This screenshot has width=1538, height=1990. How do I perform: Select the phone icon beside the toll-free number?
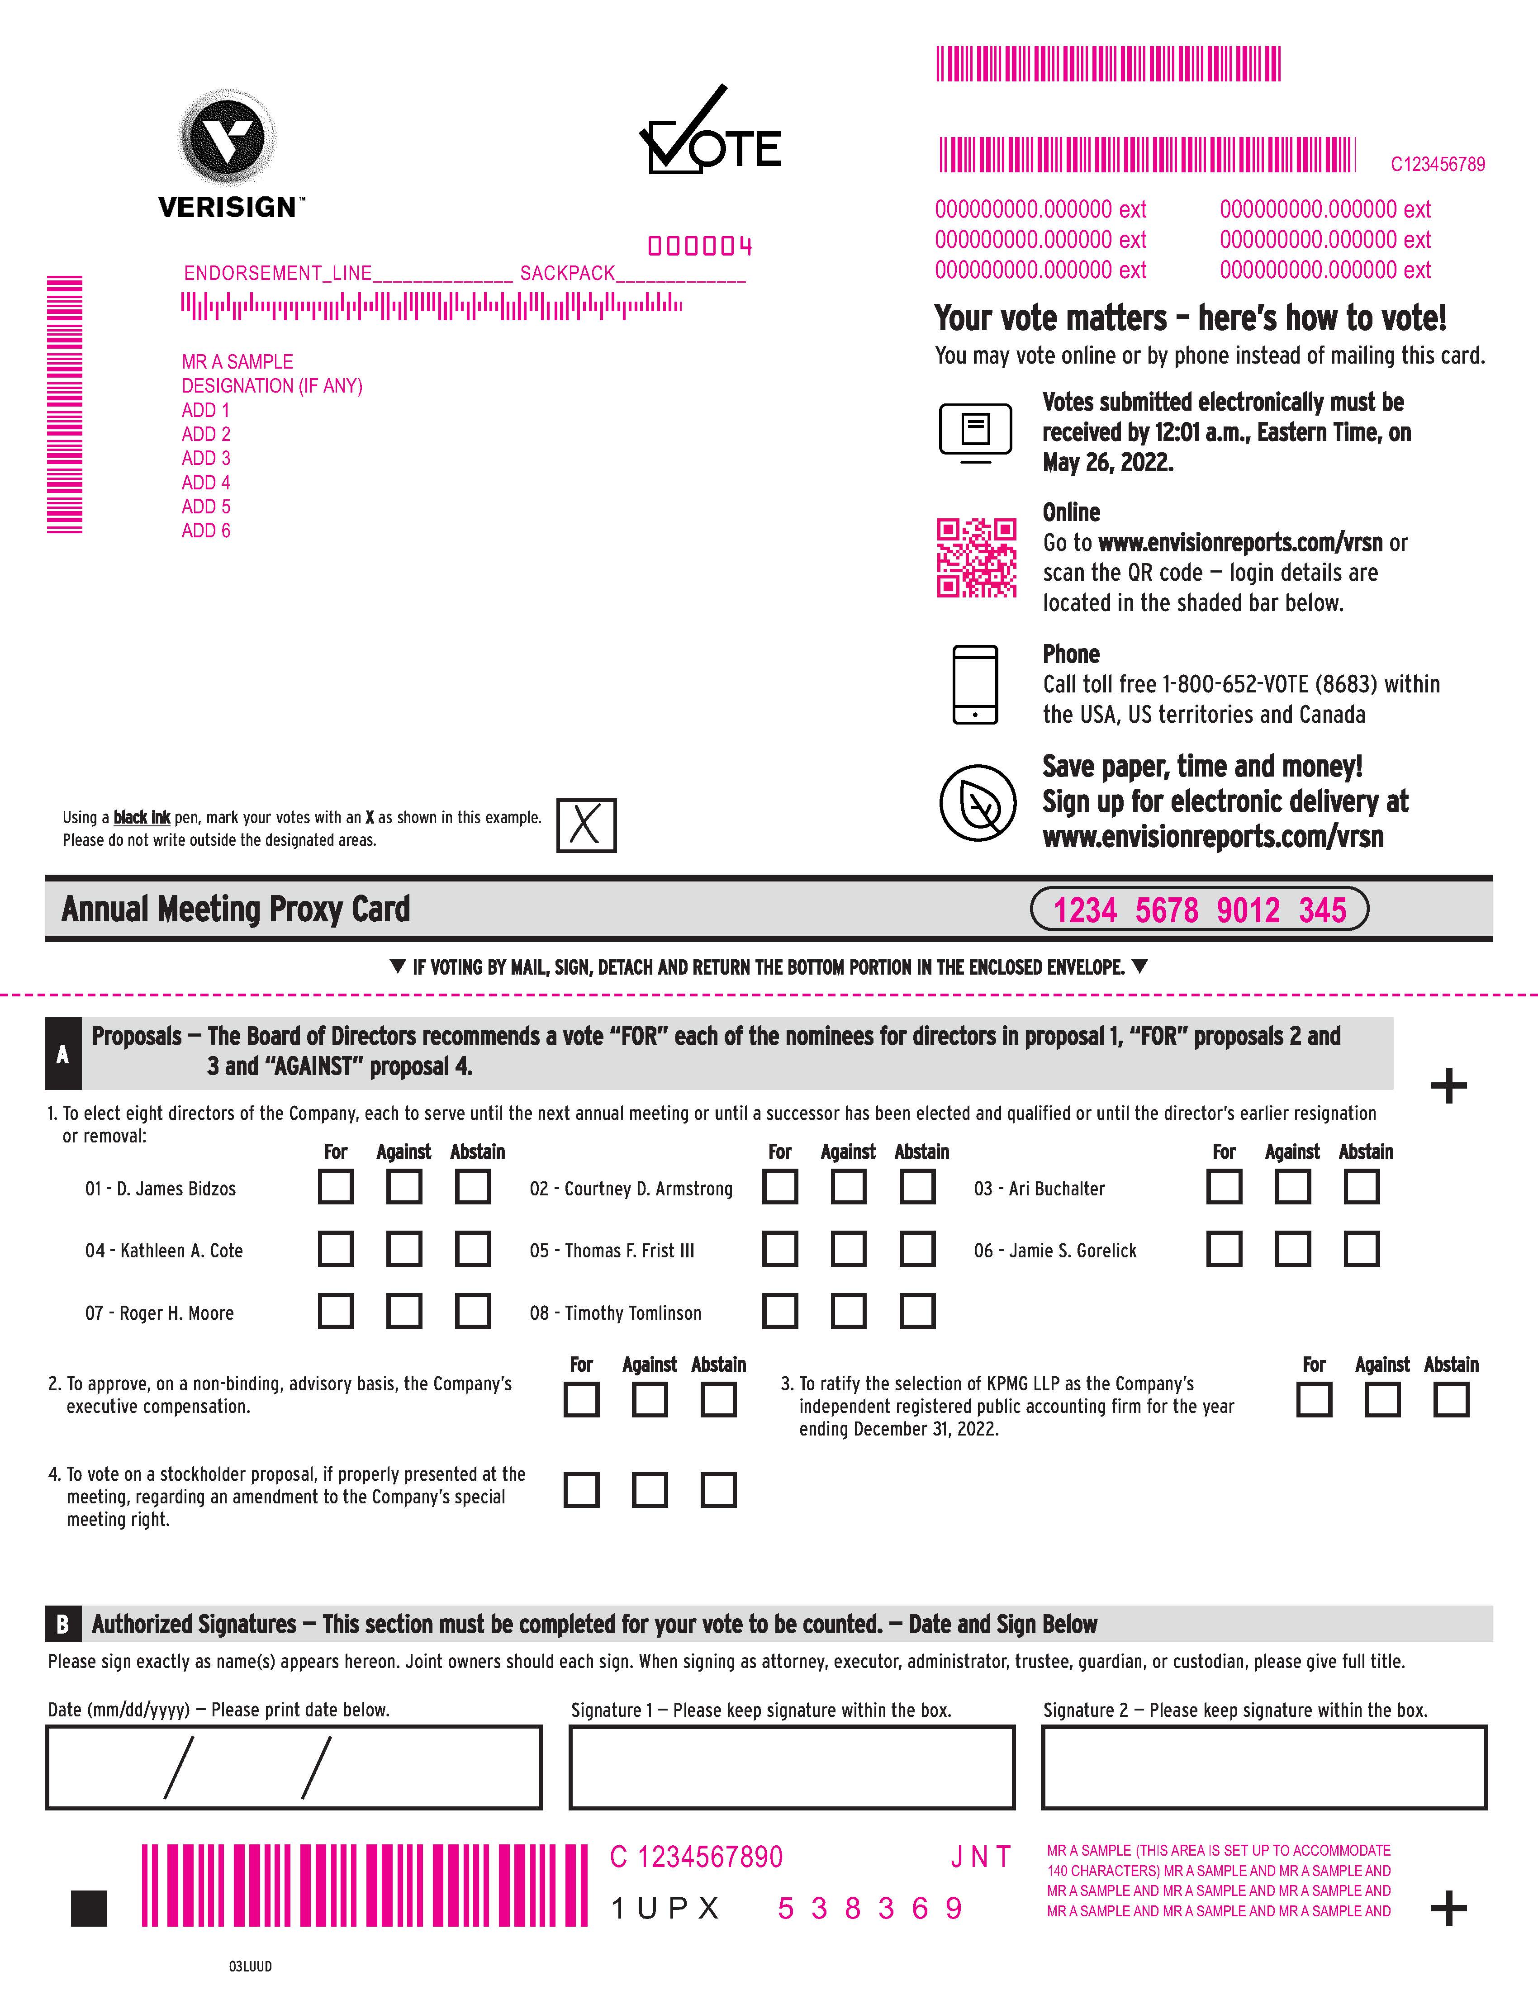click(975, 684)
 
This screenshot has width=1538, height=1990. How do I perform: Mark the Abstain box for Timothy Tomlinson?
click(917, 1311)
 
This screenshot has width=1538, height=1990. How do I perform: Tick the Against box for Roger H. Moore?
click(403, 1311)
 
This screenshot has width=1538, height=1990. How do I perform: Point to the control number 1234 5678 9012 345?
click(1199, 910)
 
